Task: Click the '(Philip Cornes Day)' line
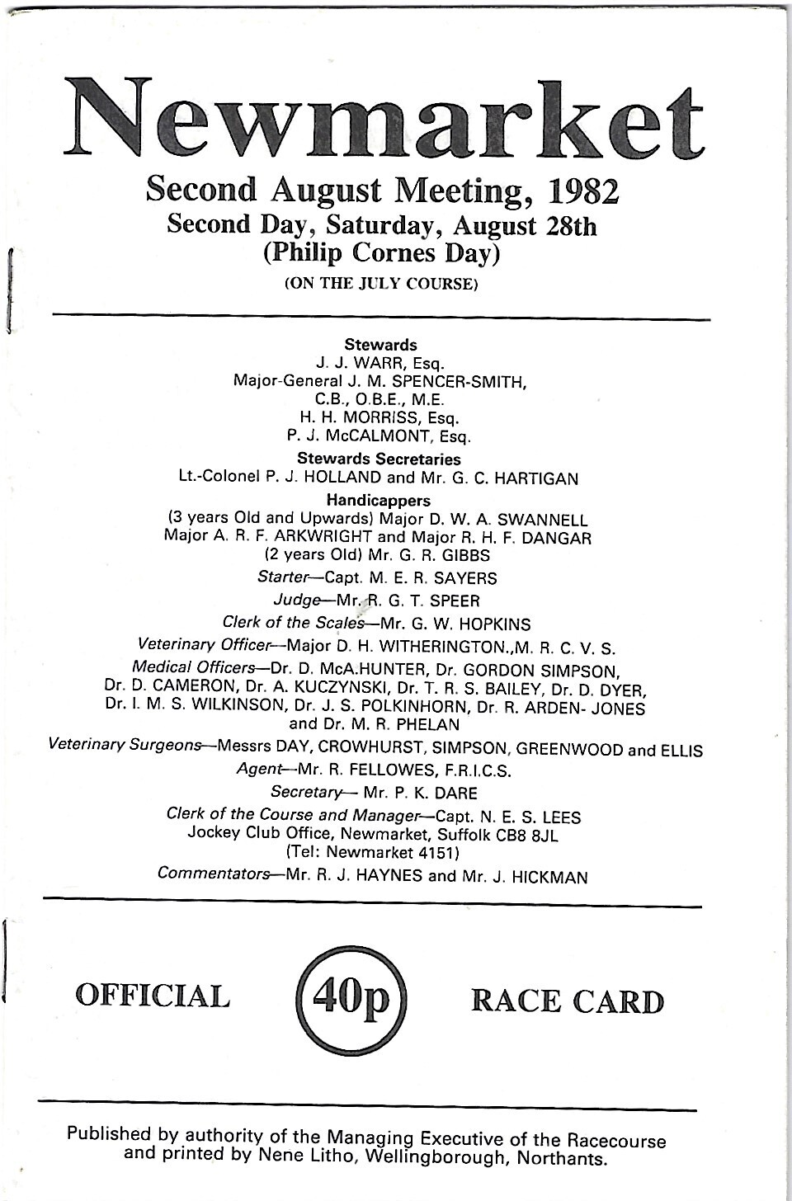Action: click(381, 253)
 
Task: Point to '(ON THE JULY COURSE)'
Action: click(381, 285)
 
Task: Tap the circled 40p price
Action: click(349, 999)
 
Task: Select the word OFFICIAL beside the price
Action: click(153, 996)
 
